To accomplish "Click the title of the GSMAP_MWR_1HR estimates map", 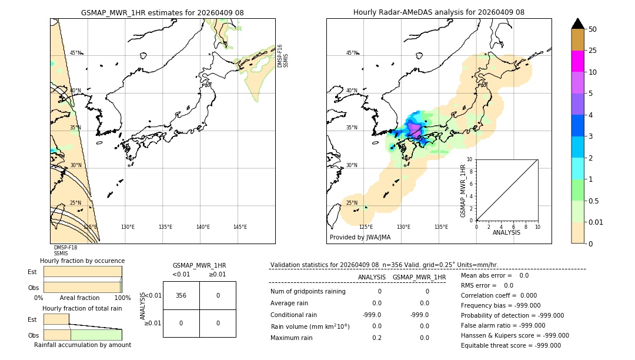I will (x=162, y=12).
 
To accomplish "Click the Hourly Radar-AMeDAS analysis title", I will (x=439, y=12).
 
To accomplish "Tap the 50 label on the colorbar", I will (x=593, y=29).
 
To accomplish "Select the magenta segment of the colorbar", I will (x=577, y=61).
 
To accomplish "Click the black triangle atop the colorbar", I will (x=577, y=24).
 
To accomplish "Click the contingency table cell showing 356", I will (x=181, y=295).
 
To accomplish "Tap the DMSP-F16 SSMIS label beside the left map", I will (x=283, y=56).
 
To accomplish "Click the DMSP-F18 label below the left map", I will (x=65, y=248).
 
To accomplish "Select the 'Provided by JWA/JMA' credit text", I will (x=360, y=237).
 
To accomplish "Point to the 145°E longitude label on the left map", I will (x=240, y=227).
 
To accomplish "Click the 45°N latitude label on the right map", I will (x=352, y=53).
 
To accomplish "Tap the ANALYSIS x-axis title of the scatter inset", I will (x=506, y=232).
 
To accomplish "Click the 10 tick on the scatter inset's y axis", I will (x=469, y=159).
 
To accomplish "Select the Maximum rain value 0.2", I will (x=376, y=338).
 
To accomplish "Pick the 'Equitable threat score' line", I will (x=510, y=345).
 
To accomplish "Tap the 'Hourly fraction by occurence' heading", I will (x=82, y=261).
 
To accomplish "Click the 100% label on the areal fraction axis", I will (x=122, y=298).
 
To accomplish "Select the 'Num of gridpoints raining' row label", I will (x=308, y=291).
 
